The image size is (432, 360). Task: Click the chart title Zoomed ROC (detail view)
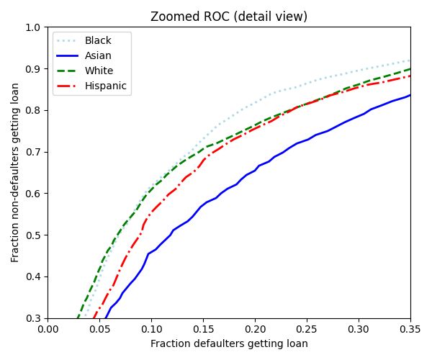click(x=229, y=17)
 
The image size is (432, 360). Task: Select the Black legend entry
click(x=98, y=41)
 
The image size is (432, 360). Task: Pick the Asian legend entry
click(x=98, y=56)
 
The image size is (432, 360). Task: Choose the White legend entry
click(x=98, y=71)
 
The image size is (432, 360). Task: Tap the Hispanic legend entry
click(x=105, y=86)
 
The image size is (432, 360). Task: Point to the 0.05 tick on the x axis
click(x=100, y=329)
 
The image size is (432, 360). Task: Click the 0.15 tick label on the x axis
click(x=204, y=329)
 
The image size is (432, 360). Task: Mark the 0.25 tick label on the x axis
click(x=307, y=329)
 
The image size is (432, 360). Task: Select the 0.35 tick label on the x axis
click(x=410, y=329)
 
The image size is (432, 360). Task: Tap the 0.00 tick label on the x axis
click(x=48, y=329)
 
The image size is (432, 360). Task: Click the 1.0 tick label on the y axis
click(x=34, y=27)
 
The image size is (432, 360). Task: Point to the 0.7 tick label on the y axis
click(x=34, y=152)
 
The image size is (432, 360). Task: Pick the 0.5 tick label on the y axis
click(x=34, y=235)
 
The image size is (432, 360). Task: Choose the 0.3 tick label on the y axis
click(x=34, y=318)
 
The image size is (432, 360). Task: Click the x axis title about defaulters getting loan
click(x=229, y=344)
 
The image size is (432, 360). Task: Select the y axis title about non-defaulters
click(x=15, y=172)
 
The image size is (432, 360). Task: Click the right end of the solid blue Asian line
click(x=410, y=95)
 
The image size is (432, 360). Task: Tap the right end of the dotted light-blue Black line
click(x=410, y=60)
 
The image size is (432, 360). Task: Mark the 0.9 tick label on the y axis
click(x=34, y=69)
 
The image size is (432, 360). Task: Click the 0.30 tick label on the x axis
click(x=359, y=329)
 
